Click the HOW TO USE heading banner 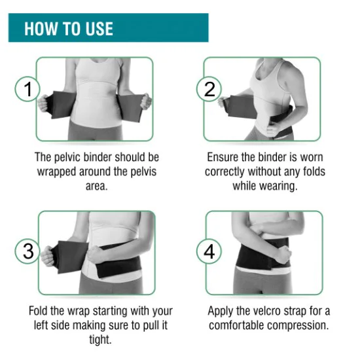click(108, 28)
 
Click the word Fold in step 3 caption click(40, 310)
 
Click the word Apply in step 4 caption click(221, 310)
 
